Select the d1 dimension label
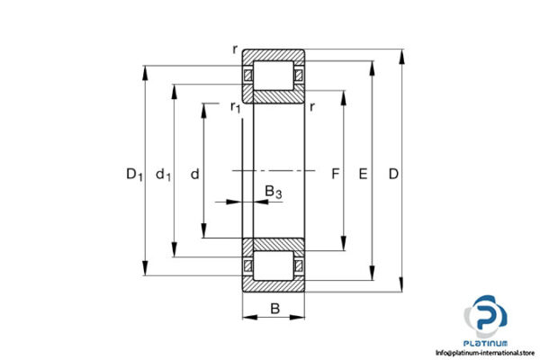163,174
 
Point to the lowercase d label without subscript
194,174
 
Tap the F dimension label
334,173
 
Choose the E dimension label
363,173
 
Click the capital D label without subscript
393,173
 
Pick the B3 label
273,191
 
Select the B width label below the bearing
274,310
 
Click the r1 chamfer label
236,108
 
